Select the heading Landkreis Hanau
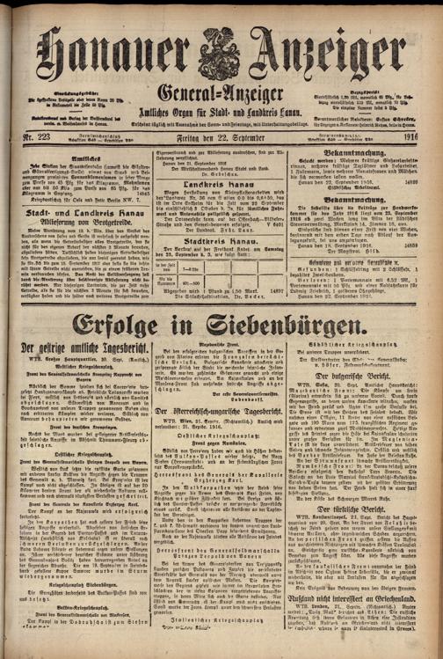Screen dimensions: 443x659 click(221, 207)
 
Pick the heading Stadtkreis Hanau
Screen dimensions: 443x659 click(221, 266)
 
